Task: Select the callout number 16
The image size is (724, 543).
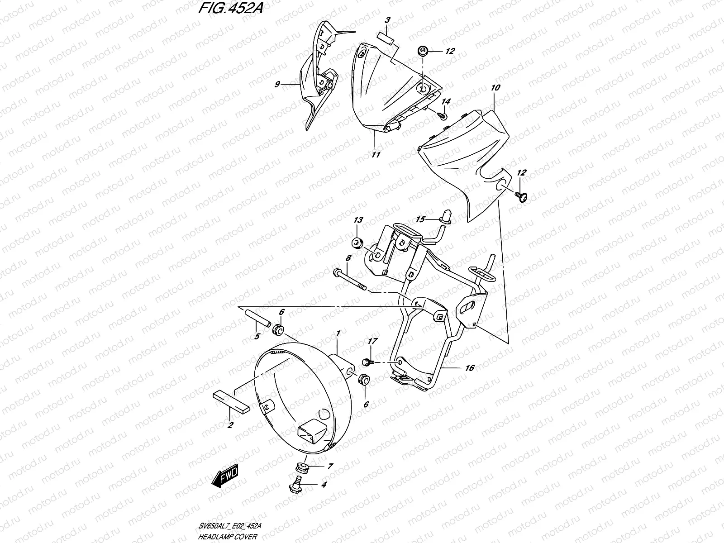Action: tap(469, 368)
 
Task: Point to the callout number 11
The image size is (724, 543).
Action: tap(376, 154)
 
